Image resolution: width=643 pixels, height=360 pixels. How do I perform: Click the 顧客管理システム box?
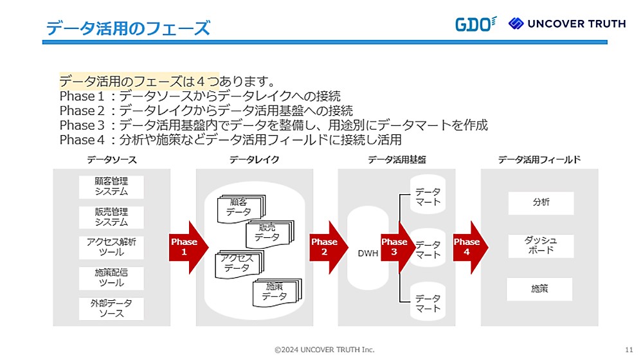(x=111, y=186)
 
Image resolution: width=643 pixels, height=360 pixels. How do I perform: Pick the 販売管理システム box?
(x=111, y=217)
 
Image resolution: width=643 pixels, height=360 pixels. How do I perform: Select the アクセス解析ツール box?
(x=111, y=247)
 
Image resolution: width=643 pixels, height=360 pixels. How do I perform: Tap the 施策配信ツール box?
(x=111, y=278)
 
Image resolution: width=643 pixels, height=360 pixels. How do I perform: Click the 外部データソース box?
(x=111, y=308)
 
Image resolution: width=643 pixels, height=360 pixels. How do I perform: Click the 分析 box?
(x=541, y=203)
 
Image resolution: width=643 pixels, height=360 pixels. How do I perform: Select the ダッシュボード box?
(x=541, y=245)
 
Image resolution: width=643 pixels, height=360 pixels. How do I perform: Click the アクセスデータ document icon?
(x=237, y=263)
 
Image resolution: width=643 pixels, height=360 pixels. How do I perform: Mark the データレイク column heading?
(x=254, y=159)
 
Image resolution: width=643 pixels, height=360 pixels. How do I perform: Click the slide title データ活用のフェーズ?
(x=129, y=28)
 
